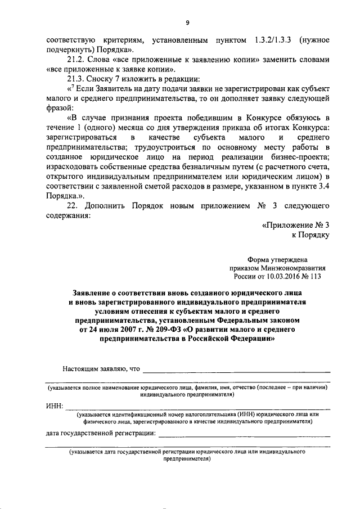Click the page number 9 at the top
point(188,22)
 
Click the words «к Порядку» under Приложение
point(310,235)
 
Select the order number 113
point(322,277)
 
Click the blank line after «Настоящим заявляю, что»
point(236,371)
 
